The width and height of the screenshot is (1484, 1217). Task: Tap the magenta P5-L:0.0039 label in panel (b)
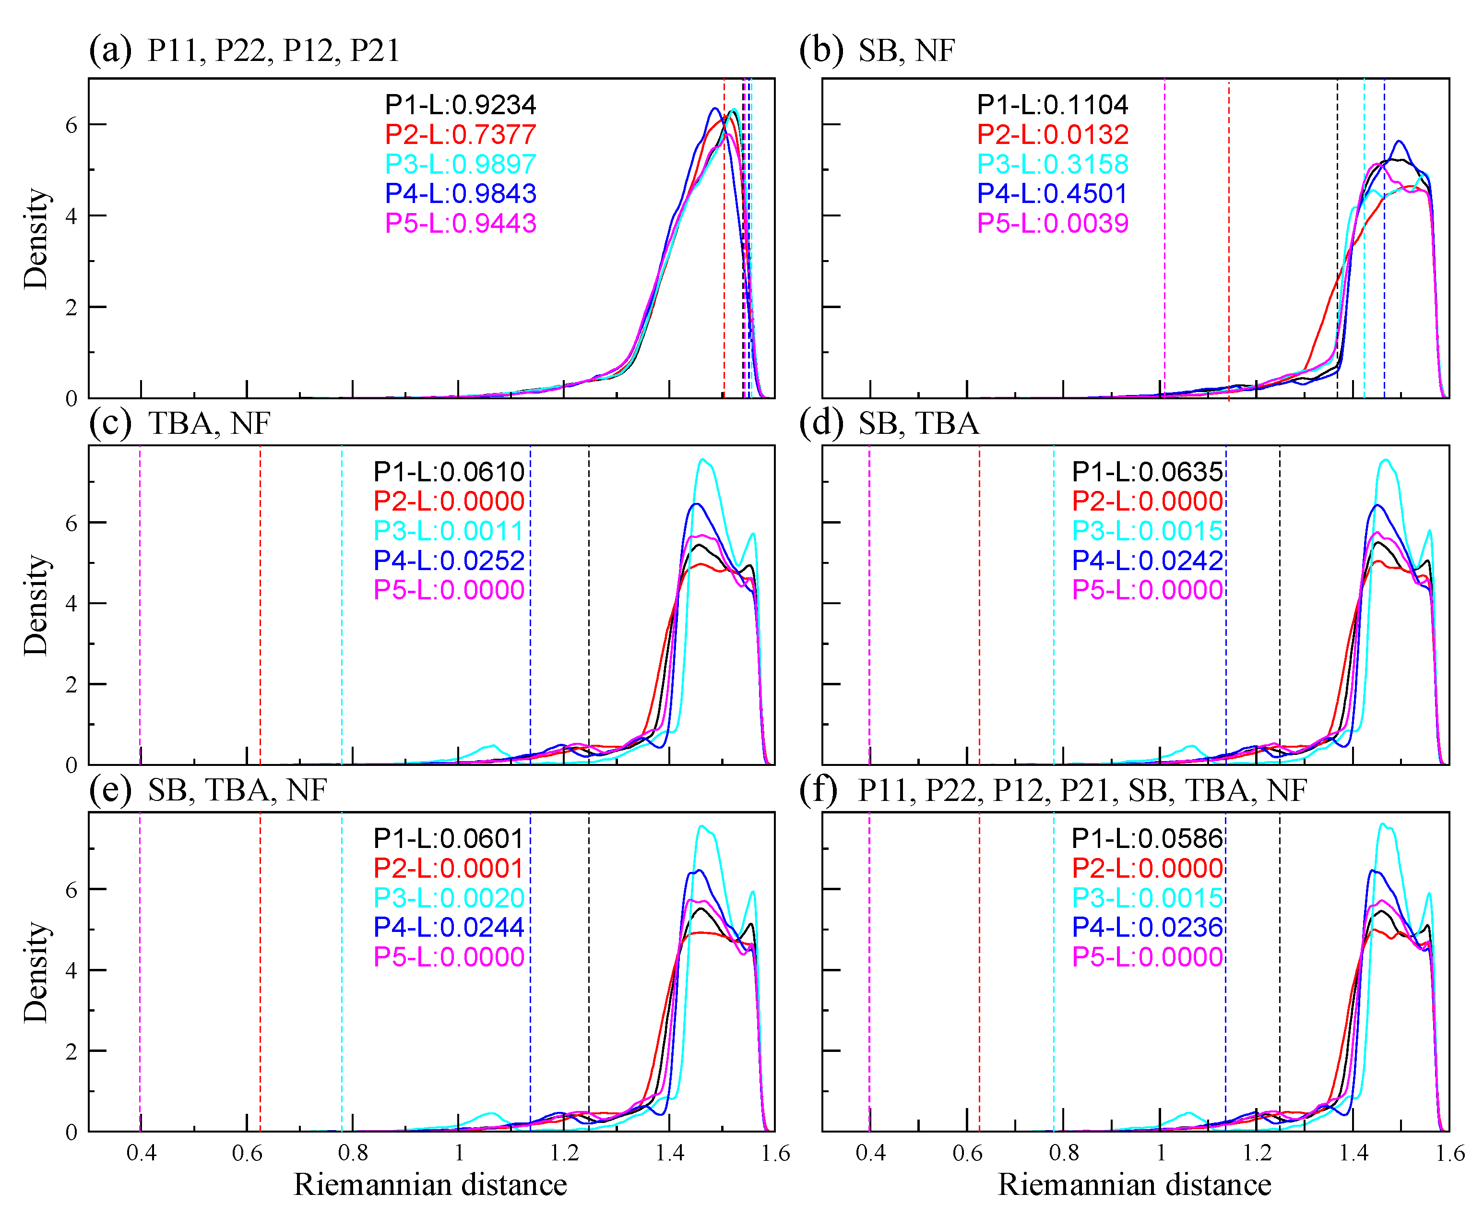coord(1052,224)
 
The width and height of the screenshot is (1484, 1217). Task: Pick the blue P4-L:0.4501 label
coord(1052,193)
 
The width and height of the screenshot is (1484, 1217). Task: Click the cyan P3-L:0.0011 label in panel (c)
coord(449,531)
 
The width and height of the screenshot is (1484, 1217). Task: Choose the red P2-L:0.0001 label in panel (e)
coord(449,869)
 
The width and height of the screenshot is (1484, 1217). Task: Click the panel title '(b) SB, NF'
coord(876,50)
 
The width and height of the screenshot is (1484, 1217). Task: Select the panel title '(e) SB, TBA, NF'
coord(207,790)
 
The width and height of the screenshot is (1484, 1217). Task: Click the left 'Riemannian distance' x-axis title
coord(430,1185)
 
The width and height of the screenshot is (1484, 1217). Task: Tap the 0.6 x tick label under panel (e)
coord(247,1153)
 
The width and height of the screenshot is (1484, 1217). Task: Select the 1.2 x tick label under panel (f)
coord(1257,1153)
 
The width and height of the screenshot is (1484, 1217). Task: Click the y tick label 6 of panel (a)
coord(71,125)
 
